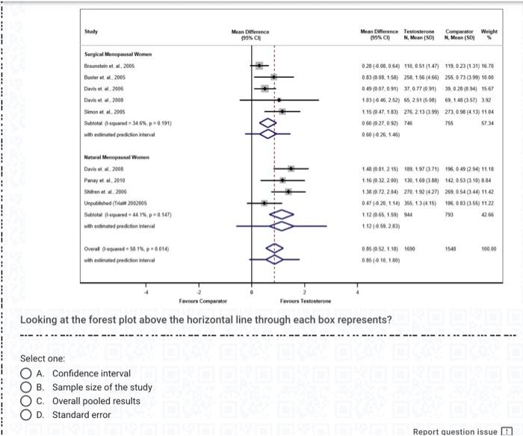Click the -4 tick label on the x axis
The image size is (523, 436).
[146, 293]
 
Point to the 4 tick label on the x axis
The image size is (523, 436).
[358, 293]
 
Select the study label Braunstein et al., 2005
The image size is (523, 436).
[109, 66]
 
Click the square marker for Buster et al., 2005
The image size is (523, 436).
[273, 77]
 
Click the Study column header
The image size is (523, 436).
[91, 31]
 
